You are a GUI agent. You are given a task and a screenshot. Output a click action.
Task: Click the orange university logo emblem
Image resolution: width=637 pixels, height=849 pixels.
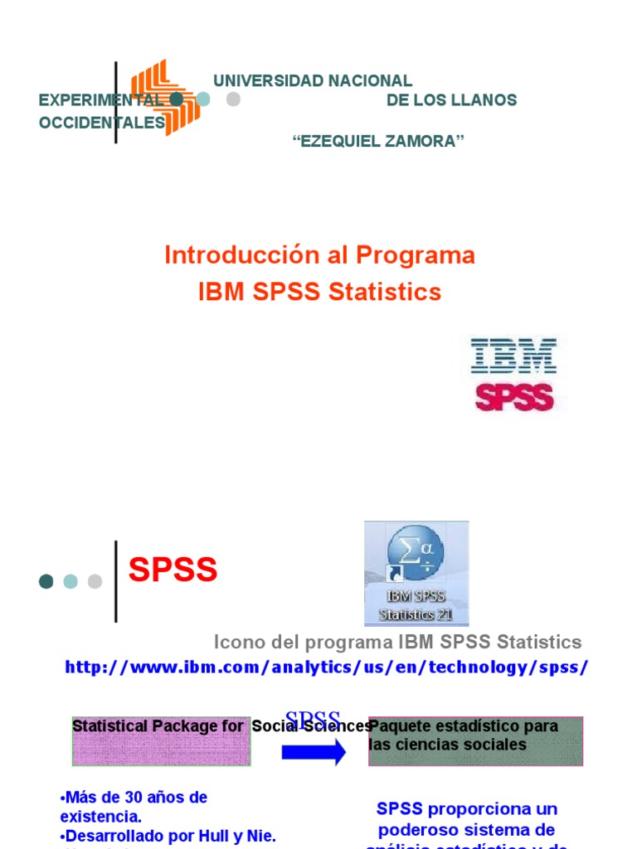tap(165, 97)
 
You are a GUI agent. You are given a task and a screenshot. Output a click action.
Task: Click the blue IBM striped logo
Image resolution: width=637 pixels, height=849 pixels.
tap(513, 355)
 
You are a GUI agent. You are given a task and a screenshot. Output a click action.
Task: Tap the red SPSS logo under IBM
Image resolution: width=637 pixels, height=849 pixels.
tap(513, 396)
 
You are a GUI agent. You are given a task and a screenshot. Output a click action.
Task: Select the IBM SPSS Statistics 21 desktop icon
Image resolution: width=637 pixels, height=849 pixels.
tap(416, 572)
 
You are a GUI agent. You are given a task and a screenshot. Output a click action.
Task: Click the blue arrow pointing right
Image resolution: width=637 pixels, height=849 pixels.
tap(313, 752)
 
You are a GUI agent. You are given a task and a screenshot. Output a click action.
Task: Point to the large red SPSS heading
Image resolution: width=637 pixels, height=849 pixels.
tap(173, 570)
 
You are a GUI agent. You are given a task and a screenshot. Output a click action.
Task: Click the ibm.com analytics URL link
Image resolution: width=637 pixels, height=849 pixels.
tap(327, 667)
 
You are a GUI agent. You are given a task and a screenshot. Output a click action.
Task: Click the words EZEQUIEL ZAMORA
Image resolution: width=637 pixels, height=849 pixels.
tap(378, 141)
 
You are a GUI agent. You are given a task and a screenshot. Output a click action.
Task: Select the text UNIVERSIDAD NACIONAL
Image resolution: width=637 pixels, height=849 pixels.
tap(313, 80)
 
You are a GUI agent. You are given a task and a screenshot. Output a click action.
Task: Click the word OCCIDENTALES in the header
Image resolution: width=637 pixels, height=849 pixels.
tap(102, 123)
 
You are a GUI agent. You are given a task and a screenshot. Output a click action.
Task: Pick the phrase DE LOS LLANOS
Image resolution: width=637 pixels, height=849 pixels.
tap(451, 100)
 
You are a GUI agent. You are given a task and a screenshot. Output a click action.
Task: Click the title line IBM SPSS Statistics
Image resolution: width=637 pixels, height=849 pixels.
tap(319, 292)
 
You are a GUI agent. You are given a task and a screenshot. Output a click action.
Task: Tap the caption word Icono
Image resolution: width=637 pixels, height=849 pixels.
tap(238, 642)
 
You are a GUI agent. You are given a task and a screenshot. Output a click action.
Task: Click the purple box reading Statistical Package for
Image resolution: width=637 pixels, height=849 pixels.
tap(161, 741)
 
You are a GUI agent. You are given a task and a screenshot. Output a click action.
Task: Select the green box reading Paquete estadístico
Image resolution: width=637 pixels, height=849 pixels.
tap(475, 741)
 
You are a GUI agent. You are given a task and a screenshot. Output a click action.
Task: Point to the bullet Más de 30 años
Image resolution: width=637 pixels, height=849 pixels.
tap(134, 797)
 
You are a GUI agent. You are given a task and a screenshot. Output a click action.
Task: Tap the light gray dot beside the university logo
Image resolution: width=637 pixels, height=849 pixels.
tap(233, 99)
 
